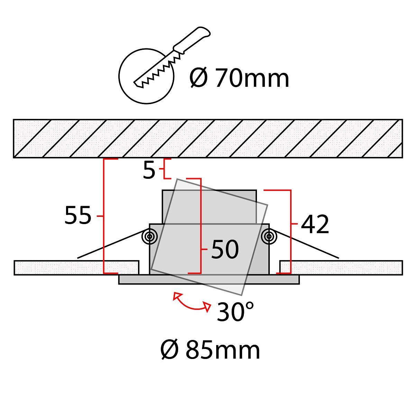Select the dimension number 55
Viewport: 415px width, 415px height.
pos(78,215)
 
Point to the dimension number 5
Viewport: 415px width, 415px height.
pos(149,170)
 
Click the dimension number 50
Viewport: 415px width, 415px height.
pos(225,249)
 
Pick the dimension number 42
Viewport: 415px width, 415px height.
pos(315,224)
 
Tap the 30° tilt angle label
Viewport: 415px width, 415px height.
pos(235,311)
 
